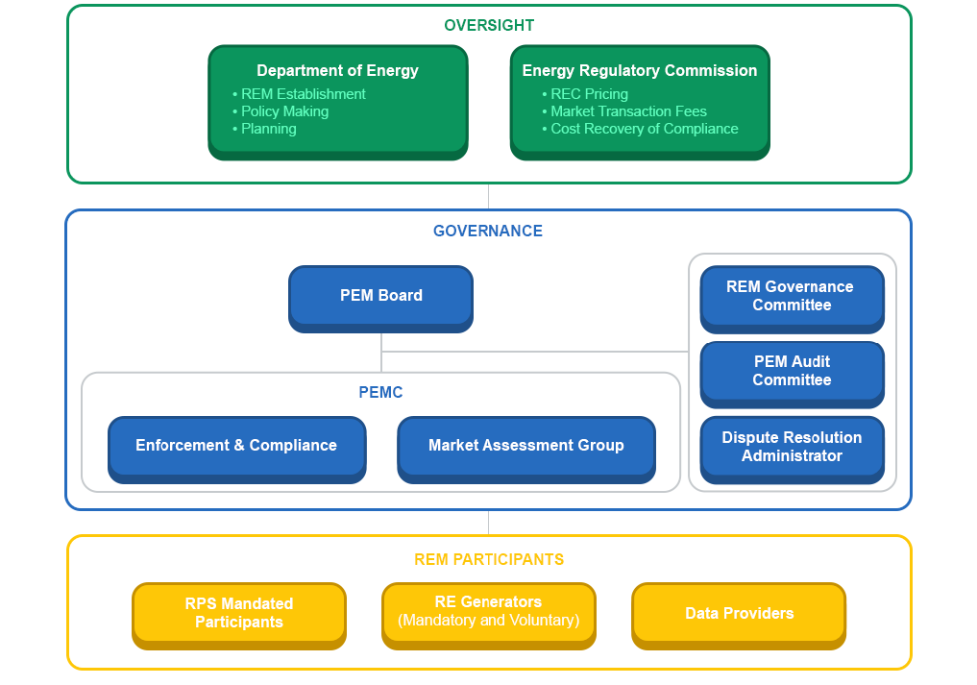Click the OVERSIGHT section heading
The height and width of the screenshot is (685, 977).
coord(488,26)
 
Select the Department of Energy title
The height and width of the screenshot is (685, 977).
coord(337,70)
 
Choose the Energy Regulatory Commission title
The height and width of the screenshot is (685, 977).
coord(639,70)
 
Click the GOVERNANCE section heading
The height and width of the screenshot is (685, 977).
coord(488,232)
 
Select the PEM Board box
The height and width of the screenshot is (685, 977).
coord(381,296)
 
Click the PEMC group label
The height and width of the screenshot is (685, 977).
coord(380,393)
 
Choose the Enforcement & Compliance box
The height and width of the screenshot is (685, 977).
coord(236,446)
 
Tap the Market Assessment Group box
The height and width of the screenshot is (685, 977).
coord(526,446)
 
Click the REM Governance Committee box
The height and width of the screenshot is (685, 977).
coord(792,296)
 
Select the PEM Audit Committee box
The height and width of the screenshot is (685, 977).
coord(792,371)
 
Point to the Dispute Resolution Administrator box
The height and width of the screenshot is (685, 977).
coord(792,447)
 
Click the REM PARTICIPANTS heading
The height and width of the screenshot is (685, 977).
coord(488,559)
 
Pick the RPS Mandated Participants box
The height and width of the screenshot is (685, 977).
coord(239,613)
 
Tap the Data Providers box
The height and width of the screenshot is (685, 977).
coord(739,613)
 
